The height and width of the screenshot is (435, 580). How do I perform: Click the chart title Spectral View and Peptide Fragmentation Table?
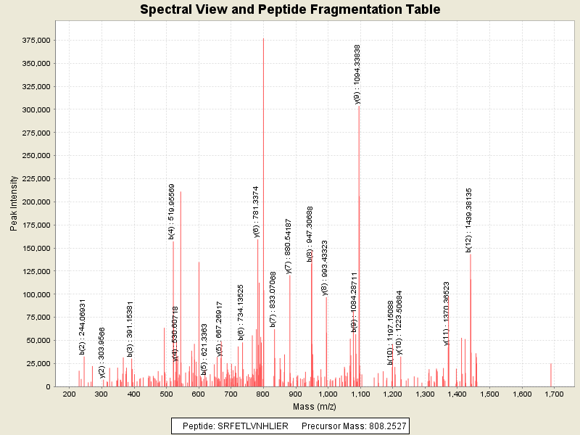(x=290, y=9)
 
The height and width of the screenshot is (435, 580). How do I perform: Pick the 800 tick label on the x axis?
(x=263, y=394)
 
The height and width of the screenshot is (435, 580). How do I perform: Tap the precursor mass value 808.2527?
(x=385, y=426)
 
